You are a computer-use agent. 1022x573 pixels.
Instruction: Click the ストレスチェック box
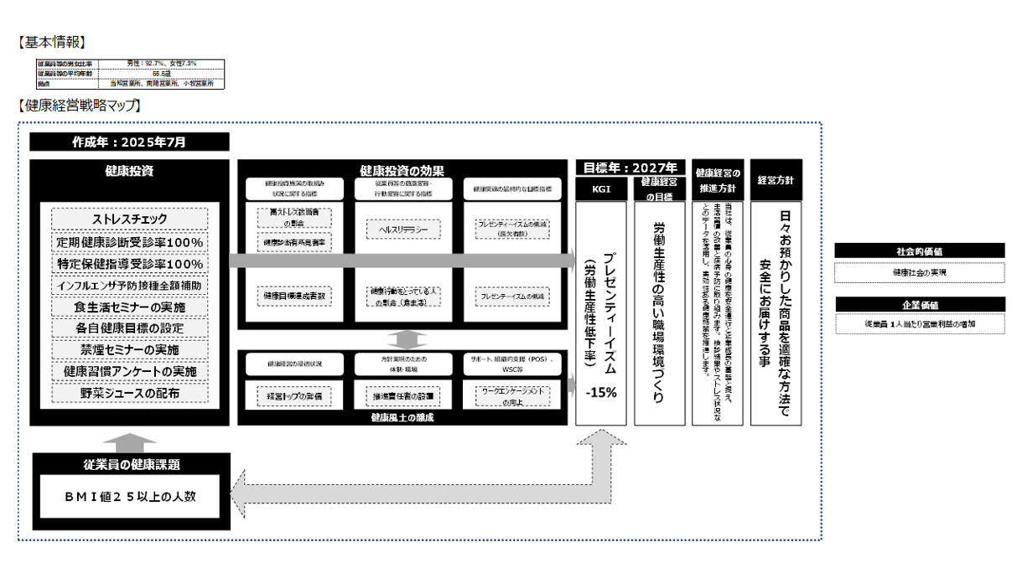point(129,219)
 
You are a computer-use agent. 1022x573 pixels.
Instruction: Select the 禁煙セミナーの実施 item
point(129,349)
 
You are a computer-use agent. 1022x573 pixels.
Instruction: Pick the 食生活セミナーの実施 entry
point(129,307)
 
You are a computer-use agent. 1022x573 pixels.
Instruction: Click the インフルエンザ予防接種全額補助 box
point(129,285)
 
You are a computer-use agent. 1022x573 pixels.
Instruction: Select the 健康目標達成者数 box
point(293,296)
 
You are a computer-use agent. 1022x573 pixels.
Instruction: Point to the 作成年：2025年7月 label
point(129,142)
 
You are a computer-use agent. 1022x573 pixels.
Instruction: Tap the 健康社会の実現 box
point(919,272)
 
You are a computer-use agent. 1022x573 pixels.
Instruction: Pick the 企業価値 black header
point(919,304)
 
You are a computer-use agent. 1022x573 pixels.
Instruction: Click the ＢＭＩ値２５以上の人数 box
point(129,496)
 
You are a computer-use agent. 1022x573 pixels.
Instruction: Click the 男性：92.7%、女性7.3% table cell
point(161,63)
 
